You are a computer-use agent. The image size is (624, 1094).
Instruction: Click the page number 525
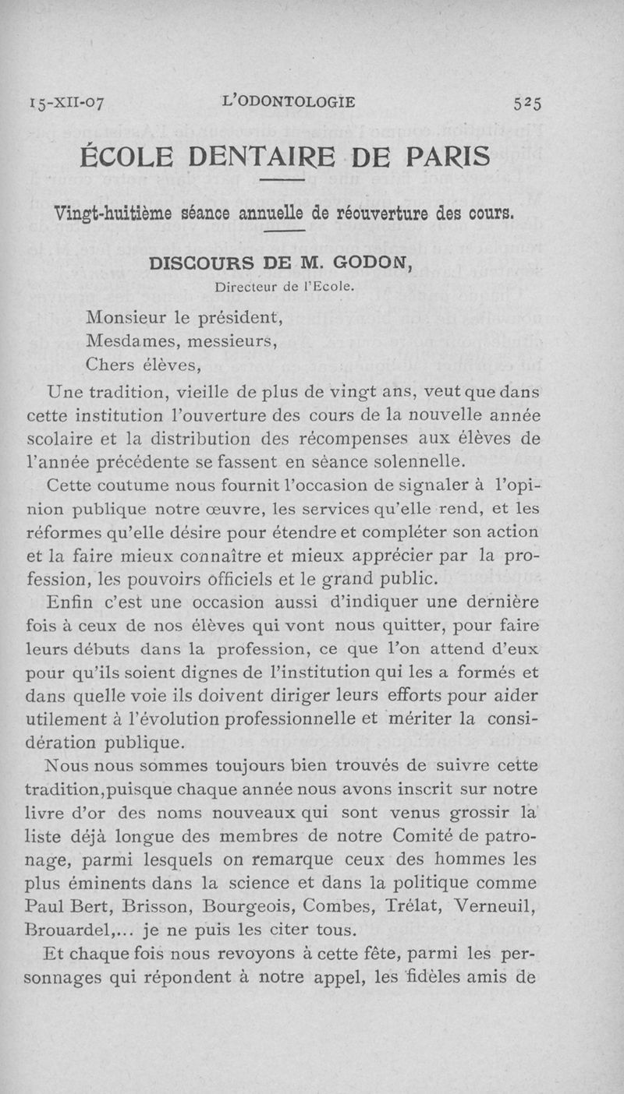click(527, 103)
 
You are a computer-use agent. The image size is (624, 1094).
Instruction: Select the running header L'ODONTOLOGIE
click(289, 101)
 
